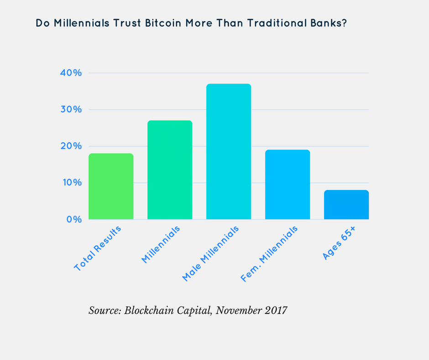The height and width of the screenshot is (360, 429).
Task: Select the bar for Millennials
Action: coord(170,170)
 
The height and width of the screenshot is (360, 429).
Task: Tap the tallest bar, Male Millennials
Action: coord(229,152)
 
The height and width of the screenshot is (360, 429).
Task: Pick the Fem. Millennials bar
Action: coord(288,185)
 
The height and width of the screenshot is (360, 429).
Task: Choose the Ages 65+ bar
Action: coord(346,205)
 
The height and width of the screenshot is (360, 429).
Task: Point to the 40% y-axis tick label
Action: coord(71,73)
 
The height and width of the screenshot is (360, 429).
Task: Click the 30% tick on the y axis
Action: coord(71,110)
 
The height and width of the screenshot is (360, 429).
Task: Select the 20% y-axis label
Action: coord(71,146)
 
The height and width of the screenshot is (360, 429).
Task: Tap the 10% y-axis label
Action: coord(71,183)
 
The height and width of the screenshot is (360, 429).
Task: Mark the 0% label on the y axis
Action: coord(73,219)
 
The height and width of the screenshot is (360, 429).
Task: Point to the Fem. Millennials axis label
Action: coord(269,254)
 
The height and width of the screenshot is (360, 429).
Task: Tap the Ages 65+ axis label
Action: coord(340,242)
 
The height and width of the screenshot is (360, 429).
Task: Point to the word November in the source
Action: coord(237,311)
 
